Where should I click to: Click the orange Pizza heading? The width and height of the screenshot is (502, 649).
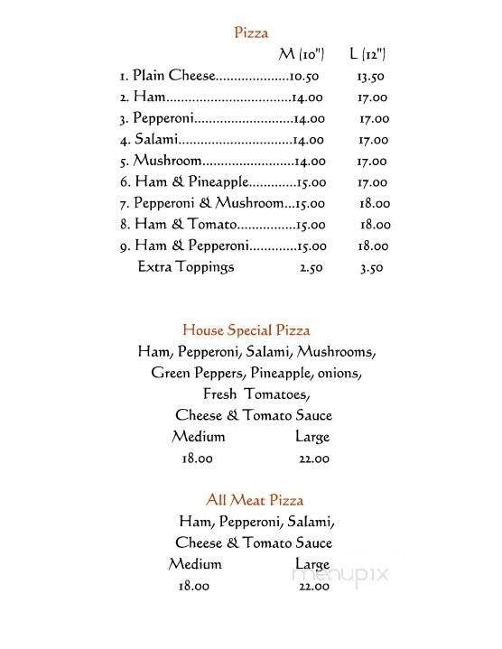tap(251, 33)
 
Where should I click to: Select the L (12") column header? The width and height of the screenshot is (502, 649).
tap(367, 55)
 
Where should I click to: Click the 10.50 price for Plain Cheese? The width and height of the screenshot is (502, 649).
tap(305, 77)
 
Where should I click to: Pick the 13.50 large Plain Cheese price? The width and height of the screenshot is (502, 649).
tap(371, 77)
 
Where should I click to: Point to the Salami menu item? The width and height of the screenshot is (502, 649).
tap(156, 140)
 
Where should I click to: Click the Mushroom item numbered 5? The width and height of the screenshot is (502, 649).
tap(167, 161)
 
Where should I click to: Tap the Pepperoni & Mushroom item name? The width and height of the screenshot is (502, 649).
tap(208, 203)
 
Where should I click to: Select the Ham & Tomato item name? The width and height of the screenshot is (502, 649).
tap(185, 225)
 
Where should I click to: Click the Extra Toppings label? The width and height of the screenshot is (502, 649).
tap(185, 267)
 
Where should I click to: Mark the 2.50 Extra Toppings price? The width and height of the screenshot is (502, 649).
tap(311, 267)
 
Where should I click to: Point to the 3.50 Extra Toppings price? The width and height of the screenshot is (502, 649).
tap(371, 267)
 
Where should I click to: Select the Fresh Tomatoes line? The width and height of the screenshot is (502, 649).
tap(256, 394)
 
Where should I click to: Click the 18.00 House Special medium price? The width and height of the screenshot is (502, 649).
tap(198, 459)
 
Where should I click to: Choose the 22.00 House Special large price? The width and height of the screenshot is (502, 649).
tap(313, 459)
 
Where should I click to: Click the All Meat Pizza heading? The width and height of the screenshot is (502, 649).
tap(254, 500)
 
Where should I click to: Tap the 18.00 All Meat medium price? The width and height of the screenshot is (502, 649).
tap(194, 586)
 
